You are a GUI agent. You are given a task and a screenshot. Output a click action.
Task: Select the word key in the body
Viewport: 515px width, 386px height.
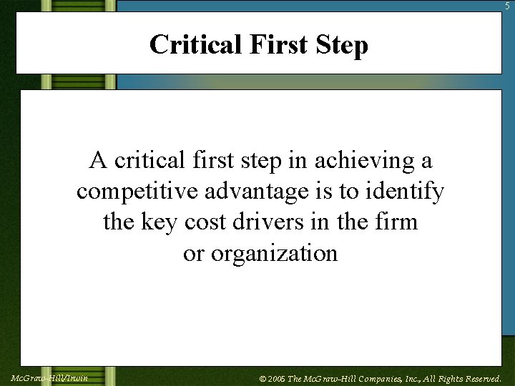[x=161, y=222]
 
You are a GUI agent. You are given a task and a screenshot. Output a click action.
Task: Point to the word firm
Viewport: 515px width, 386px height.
[x=398, y=222]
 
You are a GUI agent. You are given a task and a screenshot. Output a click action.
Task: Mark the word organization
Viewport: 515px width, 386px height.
[x=273, y=253]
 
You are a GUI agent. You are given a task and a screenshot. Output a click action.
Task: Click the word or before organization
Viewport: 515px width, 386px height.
[x=193, y=253]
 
